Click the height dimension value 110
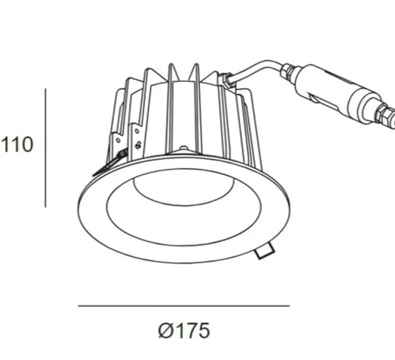18,144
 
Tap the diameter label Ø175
184,331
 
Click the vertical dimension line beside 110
45,148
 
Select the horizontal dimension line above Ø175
184,306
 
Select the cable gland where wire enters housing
228,80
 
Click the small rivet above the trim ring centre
184,149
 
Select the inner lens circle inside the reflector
183,188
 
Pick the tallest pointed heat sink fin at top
170,74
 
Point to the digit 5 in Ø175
203,331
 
